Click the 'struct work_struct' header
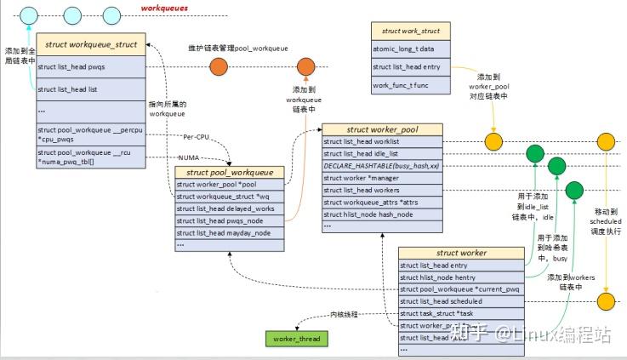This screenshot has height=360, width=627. [x=412, y=31]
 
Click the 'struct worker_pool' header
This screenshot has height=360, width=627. [x=381, y=129]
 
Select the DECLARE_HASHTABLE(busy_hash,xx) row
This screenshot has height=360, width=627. [x=381, y=165]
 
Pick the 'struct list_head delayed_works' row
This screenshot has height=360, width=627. [x=225, y=208]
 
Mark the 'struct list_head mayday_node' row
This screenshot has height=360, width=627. [x=225, y=231]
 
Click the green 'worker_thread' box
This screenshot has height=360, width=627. [x=295, y=339]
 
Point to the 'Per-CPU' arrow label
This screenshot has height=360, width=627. [x=197, y=137]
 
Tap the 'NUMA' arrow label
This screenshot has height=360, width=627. [x=190, y=157]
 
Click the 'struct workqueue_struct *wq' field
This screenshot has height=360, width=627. [x=225, y=196]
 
